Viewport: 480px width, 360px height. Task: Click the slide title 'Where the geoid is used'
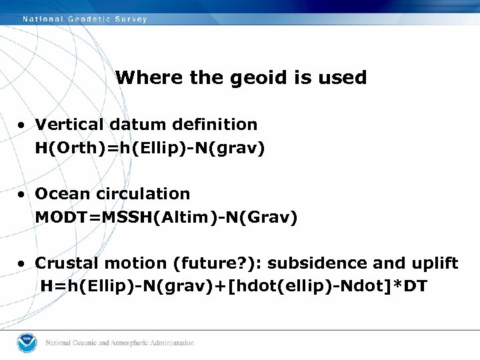click(241, 77)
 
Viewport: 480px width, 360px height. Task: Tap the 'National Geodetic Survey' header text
click(85, 19)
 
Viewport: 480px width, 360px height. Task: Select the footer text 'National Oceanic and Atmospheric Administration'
click(120, 343)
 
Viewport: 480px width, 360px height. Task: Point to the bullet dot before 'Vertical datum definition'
click(23, 125)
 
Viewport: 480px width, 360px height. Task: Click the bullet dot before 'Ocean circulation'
click(23, 195)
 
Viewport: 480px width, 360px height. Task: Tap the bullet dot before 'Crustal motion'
click(23, 264)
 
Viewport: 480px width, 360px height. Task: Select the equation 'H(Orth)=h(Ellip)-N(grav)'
click(150, 147)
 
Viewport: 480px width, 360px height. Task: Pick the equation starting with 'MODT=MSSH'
click(166, 217)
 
